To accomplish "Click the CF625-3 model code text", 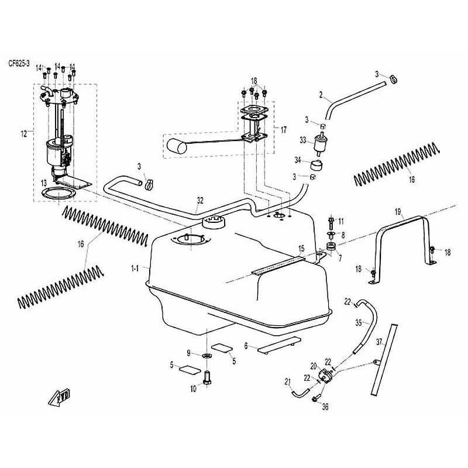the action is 19,64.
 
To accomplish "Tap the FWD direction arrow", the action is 59,397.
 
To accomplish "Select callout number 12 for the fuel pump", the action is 24,134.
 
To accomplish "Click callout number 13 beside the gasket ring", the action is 44,183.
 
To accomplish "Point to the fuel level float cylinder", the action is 177,146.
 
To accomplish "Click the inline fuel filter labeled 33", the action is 319,143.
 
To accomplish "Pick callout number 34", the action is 298,160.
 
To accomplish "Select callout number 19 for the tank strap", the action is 398,212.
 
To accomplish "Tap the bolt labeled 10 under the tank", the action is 207,378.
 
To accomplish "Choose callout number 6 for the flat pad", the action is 246,346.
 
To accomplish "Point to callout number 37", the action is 379,342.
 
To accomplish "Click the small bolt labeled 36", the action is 316,398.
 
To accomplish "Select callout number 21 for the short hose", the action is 287,382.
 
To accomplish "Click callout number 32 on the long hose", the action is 200,201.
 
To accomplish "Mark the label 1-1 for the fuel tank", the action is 135,269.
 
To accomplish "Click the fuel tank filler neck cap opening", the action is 214,222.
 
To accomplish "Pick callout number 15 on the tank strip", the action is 301,248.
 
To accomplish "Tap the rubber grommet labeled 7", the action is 331,247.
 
